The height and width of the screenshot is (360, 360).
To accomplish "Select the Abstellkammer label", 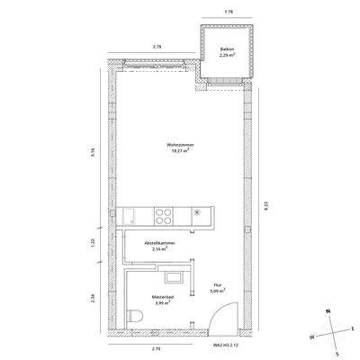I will [159, 244].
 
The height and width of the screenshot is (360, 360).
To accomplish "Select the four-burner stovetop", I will [165, 215].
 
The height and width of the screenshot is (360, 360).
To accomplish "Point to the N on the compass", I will [328, 310].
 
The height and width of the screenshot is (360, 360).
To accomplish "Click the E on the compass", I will [353, 328].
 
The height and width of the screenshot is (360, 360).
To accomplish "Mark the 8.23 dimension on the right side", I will [265, 206].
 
